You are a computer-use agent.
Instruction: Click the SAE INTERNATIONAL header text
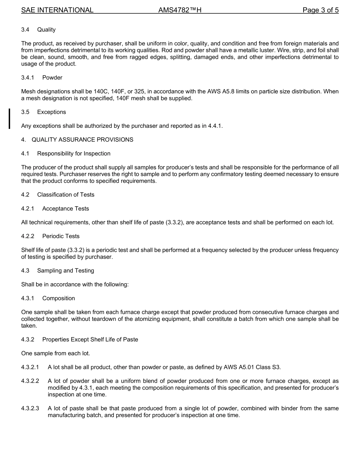(57, 10)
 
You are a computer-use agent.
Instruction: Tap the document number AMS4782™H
(180, 10)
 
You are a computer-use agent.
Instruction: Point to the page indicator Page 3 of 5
(320, 10)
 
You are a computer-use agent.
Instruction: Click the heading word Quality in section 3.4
(46, 30)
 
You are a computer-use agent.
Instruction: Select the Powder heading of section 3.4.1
(52, 78)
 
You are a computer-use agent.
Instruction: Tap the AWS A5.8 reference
(219, 91)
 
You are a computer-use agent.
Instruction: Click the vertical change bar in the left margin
(9, 119)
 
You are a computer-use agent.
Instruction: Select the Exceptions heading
(52, 112)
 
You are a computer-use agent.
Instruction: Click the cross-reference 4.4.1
(215, 126)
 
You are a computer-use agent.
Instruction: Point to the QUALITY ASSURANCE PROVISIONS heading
(82, 140)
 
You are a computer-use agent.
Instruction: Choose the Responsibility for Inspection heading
(74, 154)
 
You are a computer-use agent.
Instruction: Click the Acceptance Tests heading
(66, 209)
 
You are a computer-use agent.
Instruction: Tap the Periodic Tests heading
(61, 236)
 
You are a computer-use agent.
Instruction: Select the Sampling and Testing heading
(66, 271)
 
